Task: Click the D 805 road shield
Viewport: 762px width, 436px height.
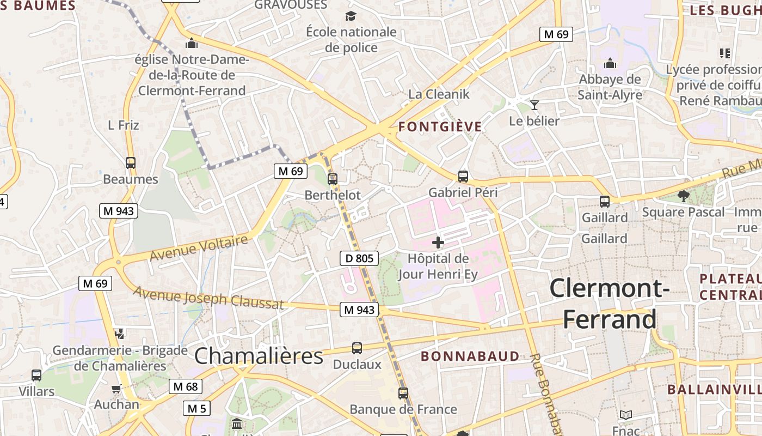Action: pyautogui.click(x=359, y=258)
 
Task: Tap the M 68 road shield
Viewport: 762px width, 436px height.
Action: pyautogui.click(x=185, y=386)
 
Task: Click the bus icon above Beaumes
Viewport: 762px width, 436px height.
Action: pyautogui.click(x=131, y=162)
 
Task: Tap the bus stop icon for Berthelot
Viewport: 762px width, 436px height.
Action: pyautogui.click(x=333, y=179)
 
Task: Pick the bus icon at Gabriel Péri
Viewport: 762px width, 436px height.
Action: pyautogui.click(x=463, y=176)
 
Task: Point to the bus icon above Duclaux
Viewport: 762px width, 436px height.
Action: pyautogui.click(x=357, y=348)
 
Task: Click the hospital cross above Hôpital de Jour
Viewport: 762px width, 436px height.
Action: pyautogui.click(x=438, y=242)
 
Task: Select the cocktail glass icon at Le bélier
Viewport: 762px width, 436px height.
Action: pyautogui.click(x=534, y=105)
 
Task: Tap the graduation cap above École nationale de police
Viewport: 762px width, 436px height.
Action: pyautogui.click(x=351, y=16)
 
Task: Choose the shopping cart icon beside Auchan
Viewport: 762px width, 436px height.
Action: pyautogui.click(x=116, y=389)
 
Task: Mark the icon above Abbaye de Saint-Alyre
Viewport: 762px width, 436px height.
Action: pyautogui.click(x=610, y=63)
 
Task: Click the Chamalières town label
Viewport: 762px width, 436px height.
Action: pyautogui.click(x=259, y=356)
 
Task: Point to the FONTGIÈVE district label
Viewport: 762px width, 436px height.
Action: pyautogui.click(x=440, y=127)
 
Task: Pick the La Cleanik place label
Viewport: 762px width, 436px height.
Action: pyautogui.click(x=439, y=94)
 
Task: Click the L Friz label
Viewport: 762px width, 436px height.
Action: pyautogui.click(x=124, y=125)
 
